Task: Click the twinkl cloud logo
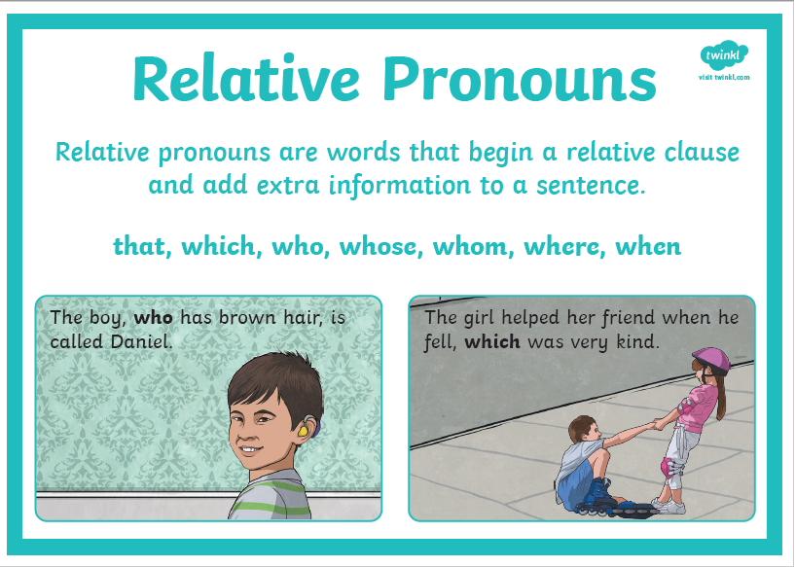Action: coord(724,54)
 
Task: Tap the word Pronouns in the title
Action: coord(520,79)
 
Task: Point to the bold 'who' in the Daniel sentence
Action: coord(153,318)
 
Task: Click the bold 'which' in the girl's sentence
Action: coord(492,341)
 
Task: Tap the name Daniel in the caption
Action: coord(141,341)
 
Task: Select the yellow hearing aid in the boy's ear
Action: coord(304,431)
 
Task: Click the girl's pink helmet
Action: coord(711,360)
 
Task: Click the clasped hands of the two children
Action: coord(658,423)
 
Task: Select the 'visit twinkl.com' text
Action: coord(724,78)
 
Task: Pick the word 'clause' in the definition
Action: coord(702,152)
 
